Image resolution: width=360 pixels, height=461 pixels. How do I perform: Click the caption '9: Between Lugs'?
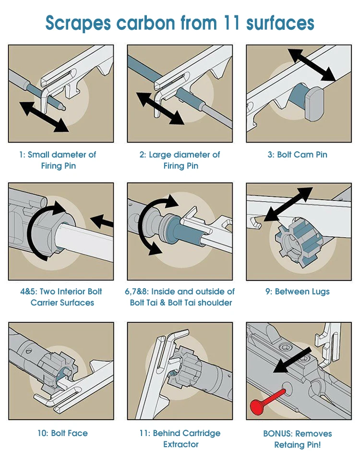coord(298,291)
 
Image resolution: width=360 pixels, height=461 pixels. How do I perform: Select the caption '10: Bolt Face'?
coord(62,433)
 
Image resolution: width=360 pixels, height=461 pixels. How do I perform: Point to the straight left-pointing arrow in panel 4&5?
coord(102,222)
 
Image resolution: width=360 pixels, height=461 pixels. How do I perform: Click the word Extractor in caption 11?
coord(180,445)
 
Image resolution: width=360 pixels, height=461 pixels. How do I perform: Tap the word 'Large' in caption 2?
coord(161,155)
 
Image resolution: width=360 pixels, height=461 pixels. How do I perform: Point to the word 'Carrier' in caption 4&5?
coord(46,303)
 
